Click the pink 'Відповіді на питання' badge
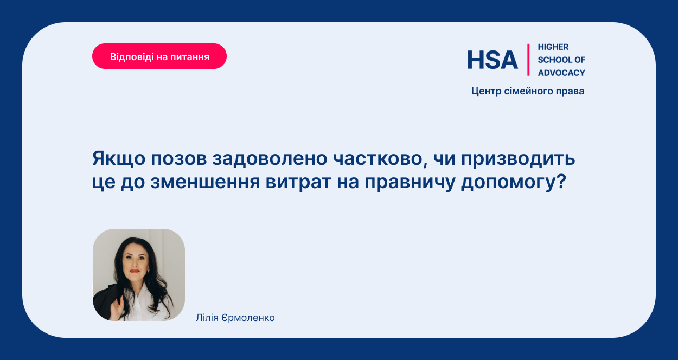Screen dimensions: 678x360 coord(159,56)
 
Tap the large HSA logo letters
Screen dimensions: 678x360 coord(492,60)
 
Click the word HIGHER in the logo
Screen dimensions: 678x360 coord(553,47)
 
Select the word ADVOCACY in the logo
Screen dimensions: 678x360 coord(561,73)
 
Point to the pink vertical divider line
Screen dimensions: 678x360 coord(528,60)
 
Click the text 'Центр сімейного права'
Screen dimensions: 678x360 coord(528,91)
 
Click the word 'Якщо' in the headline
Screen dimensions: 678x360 coord(119,158)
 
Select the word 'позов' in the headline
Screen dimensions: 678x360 coord(179,159)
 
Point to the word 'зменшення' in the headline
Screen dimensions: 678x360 coord(205,182)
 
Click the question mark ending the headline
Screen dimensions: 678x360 coord(561,181)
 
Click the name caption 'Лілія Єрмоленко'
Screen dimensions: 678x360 coord(235,318)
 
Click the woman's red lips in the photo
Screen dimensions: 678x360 coord(135,271)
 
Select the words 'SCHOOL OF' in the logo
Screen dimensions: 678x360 coord(561,60)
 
